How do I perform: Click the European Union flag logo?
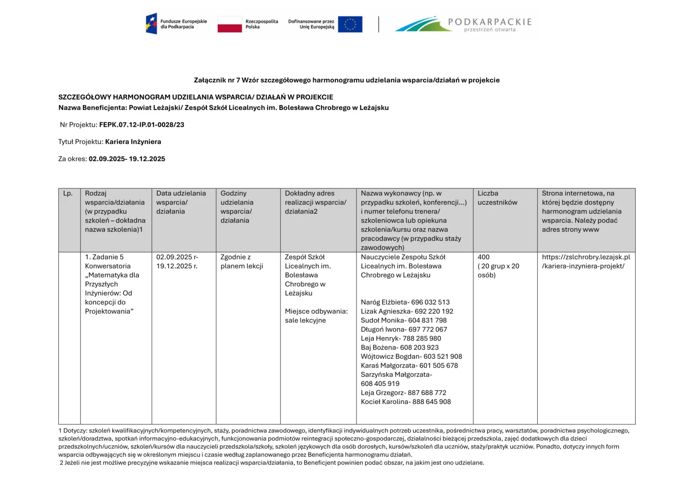click(350, 24)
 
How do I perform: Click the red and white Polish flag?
click(230, 24)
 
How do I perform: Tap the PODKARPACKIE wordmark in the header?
click(489, 22)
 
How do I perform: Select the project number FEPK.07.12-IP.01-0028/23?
click(141, 125)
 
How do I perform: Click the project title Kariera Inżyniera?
click(133, 142)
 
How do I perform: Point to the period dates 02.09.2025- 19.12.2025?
click(127, 159)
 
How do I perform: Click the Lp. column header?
click(68, 194)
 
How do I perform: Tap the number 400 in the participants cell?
click(483, 257)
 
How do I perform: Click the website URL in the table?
click(586, 262)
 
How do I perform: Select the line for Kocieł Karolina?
click(405, 402)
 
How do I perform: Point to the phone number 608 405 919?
click(380, 384)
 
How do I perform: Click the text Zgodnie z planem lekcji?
click(242, 262)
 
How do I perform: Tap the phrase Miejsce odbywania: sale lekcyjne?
click(316, 316)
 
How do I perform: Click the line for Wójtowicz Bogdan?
click(411, 356)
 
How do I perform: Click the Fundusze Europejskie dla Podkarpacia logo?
click(176, 24)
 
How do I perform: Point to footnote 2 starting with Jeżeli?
click(271, 462)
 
